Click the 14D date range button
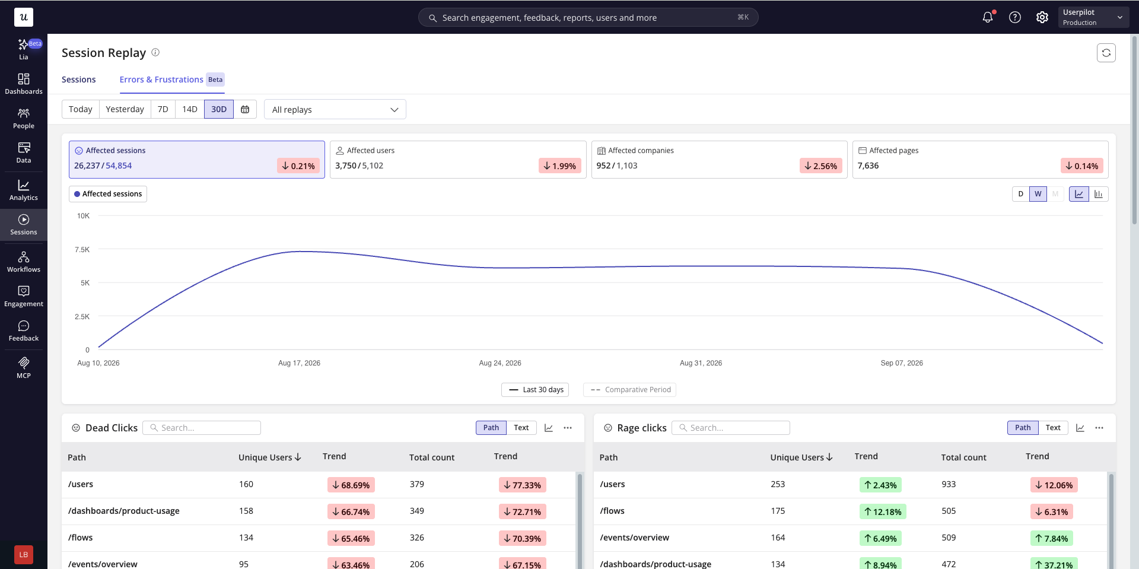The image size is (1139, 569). [x=190, y=109]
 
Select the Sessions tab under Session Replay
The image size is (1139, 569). [x=78, y=80]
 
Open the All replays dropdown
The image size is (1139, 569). [x=335, y=109]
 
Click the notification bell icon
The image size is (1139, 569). [x=988, y=17]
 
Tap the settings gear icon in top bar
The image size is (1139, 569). [x=1042, y=17]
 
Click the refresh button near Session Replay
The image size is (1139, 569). [x=1106, y=53]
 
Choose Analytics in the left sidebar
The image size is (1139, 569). [x=24, y=190]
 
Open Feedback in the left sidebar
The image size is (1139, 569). [x=24, y=331]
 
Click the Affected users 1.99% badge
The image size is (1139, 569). [x=559, y=166]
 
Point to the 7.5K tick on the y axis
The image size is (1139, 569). [x=82, y=250]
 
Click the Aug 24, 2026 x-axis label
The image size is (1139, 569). [x=500, y=363]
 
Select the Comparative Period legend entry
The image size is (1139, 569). [x=630, y=390]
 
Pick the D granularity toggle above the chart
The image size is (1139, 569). [x=1021, y=194]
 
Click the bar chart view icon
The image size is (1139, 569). [x=1099, y=194]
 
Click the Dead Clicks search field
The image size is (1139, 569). [x=202, y=428]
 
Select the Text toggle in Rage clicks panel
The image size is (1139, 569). [x=1053, y=428]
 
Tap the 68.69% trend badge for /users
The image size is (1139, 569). [x=351, y=485]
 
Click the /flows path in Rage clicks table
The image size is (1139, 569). [x=612, y=511]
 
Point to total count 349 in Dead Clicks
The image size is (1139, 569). [x=417, y=511]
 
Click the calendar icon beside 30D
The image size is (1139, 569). [x=245, y=109]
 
